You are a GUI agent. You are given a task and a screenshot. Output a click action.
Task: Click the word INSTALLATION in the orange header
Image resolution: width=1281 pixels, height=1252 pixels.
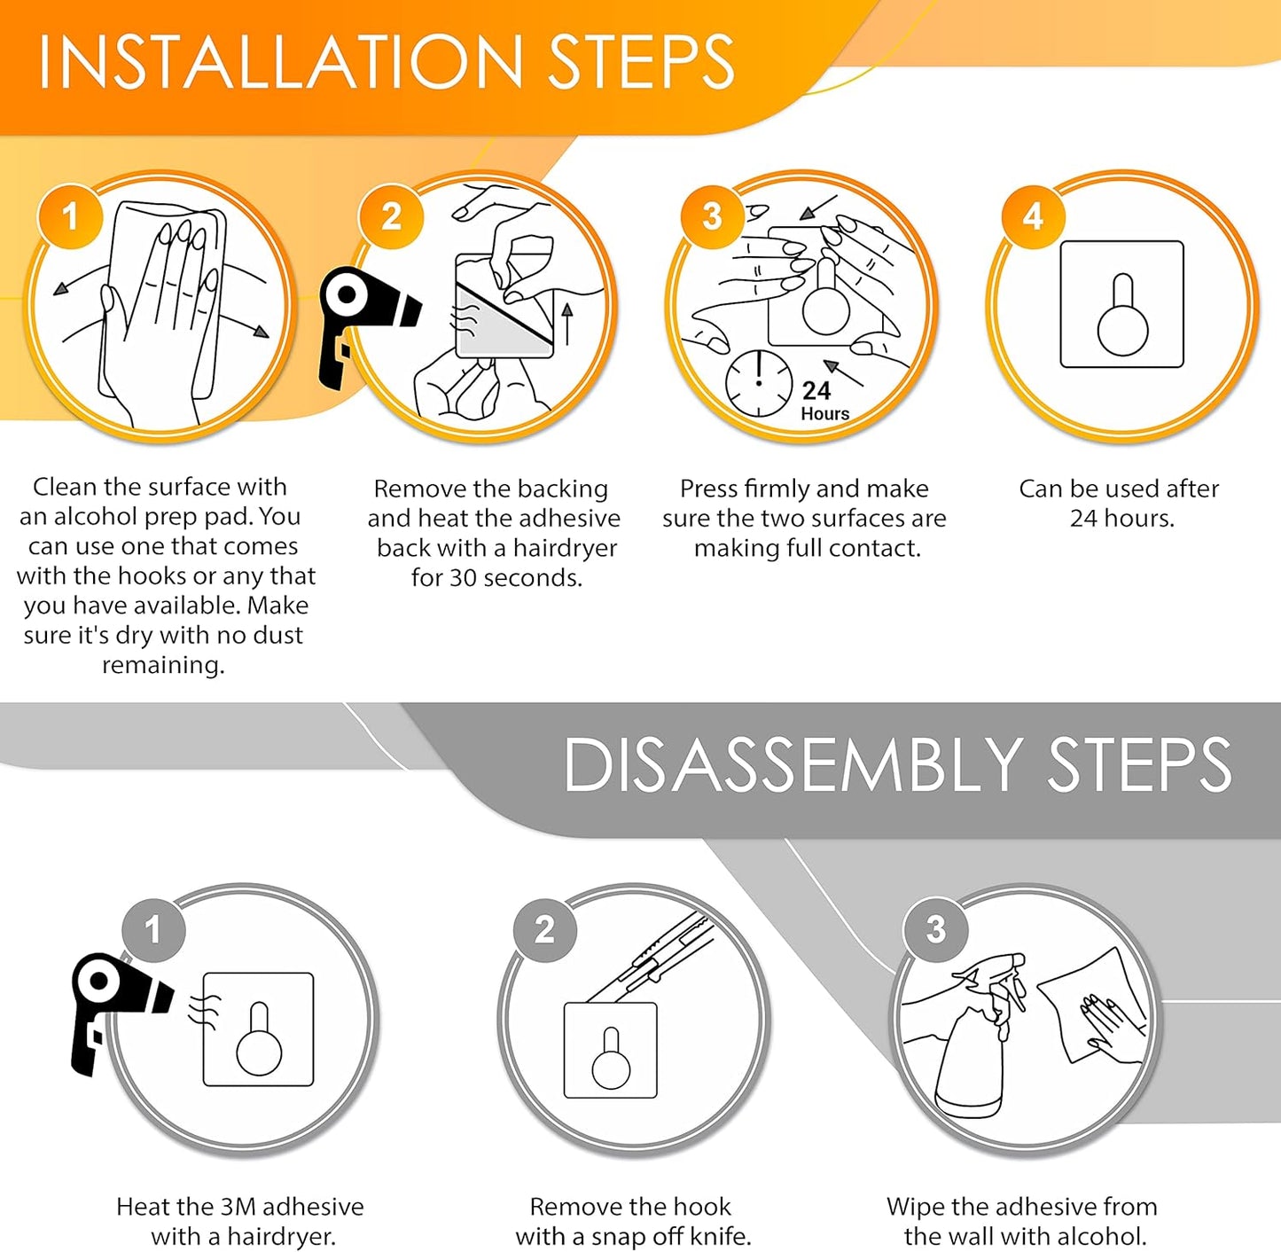pos(281,62)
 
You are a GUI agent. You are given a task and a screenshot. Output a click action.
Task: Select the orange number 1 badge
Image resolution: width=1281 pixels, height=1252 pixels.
pos(70,215)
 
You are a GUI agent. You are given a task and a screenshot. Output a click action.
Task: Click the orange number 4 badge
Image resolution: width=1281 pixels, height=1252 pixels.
pos(1032,215)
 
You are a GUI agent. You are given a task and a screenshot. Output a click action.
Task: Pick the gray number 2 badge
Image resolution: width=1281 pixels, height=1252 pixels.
pos(544,929)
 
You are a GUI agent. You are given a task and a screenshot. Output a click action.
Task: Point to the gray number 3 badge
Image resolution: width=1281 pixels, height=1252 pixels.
pos(935,929)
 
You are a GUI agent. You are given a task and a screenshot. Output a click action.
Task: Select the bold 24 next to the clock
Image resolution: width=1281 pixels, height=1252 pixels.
pos(816,391)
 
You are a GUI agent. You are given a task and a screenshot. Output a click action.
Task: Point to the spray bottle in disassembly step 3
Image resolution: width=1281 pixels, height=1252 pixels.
pos(975,1040)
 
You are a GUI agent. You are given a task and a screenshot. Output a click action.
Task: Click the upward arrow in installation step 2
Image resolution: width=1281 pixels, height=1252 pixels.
pos(567,325)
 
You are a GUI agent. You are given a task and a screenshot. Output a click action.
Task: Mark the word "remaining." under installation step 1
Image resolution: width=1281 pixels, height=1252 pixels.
pos(163,666)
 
